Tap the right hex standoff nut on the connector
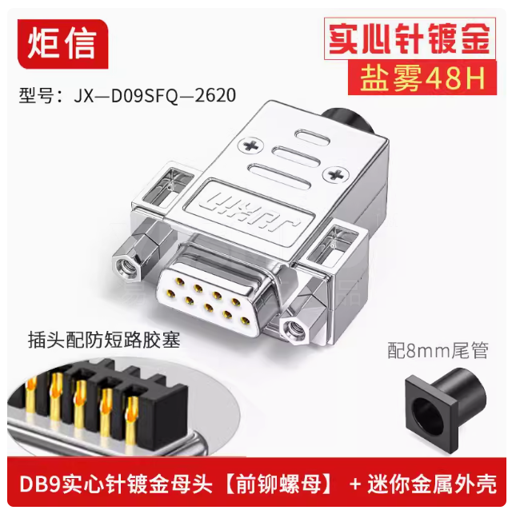(298, 323)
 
